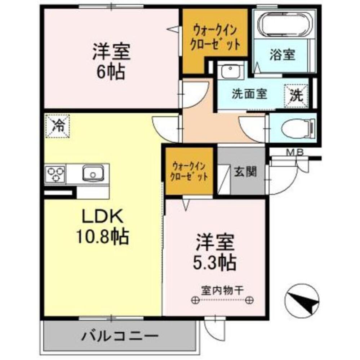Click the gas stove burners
(55, 174)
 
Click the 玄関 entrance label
(246, 172)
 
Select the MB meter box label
(294, 153)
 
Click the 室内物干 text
(223, 289)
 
